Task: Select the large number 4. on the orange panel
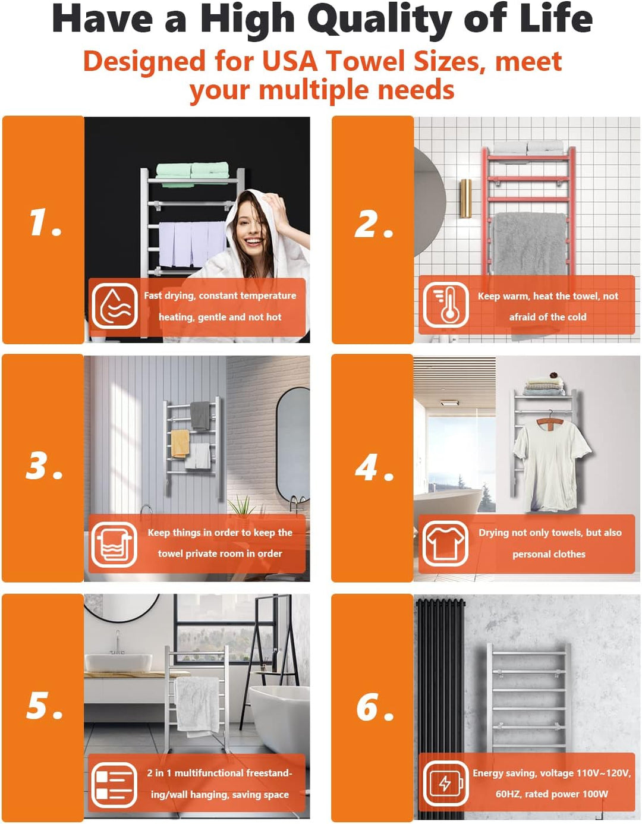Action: point(374,467)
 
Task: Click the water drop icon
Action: point(115,306)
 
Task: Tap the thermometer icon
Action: point(445,305)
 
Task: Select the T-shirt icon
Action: point(445,544)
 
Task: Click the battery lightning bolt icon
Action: point(445,782)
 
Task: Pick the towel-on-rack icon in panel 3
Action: point(114,545)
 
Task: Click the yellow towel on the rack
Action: point(180,443)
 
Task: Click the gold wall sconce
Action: point(466,198)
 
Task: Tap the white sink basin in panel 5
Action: point(118,662)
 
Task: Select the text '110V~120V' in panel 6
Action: point(603,772)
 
